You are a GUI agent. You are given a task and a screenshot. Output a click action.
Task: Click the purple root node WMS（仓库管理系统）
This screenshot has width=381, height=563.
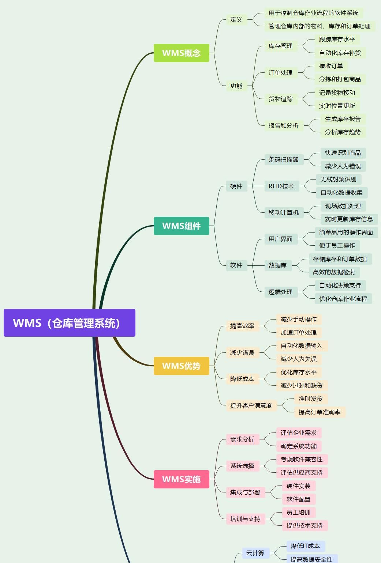pos(69,323)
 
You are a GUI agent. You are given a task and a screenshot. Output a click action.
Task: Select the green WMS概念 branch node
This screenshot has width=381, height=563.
pos(181,53)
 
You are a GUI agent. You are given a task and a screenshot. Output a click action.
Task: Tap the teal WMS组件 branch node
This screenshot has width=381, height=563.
pos(181,226)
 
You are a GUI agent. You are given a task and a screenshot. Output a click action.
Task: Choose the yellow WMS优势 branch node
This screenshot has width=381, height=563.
pos(181,366)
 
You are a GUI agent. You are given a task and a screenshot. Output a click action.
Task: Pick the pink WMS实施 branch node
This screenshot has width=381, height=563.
pos(181,479)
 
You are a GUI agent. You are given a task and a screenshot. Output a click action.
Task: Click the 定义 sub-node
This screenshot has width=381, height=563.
pos(236,20)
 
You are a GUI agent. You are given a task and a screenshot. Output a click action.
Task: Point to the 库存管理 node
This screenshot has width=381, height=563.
pos(280,46)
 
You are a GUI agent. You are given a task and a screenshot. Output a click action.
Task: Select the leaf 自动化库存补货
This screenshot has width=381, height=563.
pos(340,53)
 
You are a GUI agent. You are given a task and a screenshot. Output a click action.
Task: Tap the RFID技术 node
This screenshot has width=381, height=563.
pos(281,186)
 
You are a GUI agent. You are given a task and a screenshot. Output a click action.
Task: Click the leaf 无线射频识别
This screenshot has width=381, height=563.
pos(339,179)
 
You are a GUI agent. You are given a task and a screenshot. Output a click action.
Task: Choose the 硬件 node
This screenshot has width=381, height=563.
pos(236,186)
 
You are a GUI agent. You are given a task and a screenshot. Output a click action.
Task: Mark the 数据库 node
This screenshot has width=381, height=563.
pos(277,265)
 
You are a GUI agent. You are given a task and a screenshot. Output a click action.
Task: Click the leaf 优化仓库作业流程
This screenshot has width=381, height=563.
pos(343,299)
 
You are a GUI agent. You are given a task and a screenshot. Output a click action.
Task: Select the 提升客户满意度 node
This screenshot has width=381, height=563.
pos(251,405)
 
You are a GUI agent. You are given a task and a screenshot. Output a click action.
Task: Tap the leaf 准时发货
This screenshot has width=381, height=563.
pos(310,398)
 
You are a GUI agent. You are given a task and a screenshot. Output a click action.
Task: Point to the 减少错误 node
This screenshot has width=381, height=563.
pos(242,352)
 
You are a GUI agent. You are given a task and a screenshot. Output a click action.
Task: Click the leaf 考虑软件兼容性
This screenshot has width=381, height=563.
pos(302,459)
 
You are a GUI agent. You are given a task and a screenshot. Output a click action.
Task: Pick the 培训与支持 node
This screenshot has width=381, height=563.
pos(245,519)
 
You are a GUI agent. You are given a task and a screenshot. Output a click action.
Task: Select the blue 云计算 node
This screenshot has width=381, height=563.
pos(255,553)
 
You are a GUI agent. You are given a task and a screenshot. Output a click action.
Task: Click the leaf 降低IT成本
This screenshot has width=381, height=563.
pos(305,546)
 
